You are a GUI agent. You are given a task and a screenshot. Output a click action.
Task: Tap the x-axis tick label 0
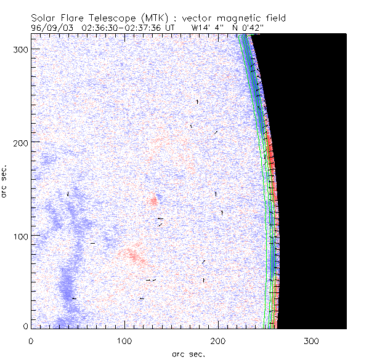(31, 340)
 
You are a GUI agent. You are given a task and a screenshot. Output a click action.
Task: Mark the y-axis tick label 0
(25, 326)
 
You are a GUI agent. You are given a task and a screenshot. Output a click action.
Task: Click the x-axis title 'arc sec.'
(188, 353)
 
